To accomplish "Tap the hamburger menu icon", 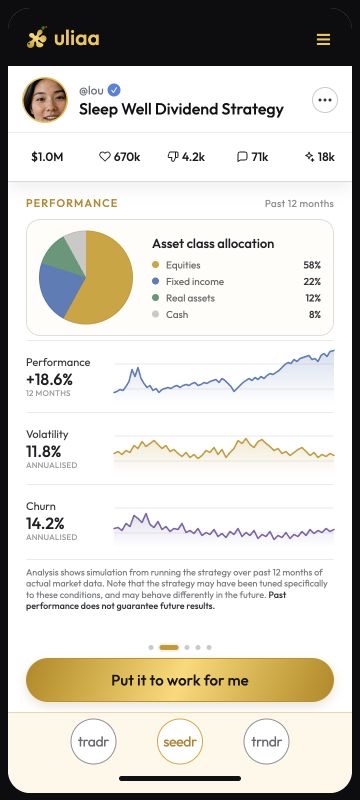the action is point(323,39).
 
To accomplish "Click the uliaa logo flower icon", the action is point(37,38).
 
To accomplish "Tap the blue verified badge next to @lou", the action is point(114,91).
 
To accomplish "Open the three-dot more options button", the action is point(325,100).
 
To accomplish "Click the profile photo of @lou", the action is point(45,100).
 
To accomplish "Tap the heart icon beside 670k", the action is point(105,157).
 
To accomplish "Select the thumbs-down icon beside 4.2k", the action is point(173,157).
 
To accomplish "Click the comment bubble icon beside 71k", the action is point(242,157).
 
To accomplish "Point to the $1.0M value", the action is point(47,157).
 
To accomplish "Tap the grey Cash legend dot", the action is point(156,314).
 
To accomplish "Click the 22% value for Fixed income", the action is point(312,282).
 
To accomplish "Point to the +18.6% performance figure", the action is point(49,380).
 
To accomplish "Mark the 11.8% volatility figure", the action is point(43,452).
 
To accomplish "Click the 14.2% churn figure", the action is point(45,523).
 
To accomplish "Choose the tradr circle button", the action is point(94,742).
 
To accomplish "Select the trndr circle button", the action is point(267,742).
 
